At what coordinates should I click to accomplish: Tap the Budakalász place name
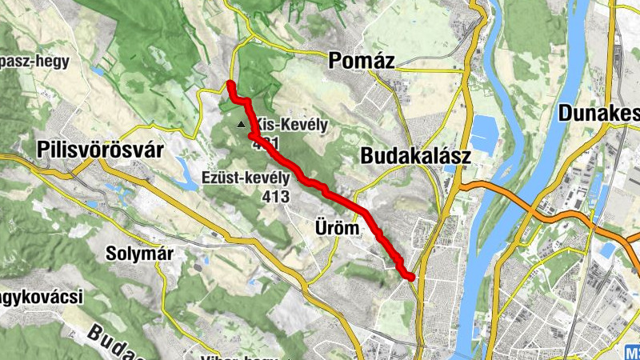point(415,157)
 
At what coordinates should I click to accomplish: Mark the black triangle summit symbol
point(242,124)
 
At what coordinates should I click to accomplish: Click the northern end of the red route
point(230,84)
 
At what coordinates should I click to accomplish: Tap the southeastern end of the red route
point(411,277)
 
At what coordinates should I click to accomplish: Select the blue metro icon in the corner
point(632,353)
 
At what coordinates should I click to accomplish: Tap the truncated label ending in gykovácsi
point(40,298)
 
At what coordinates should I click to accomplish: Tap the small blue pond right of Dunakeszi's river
point(606,250)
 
